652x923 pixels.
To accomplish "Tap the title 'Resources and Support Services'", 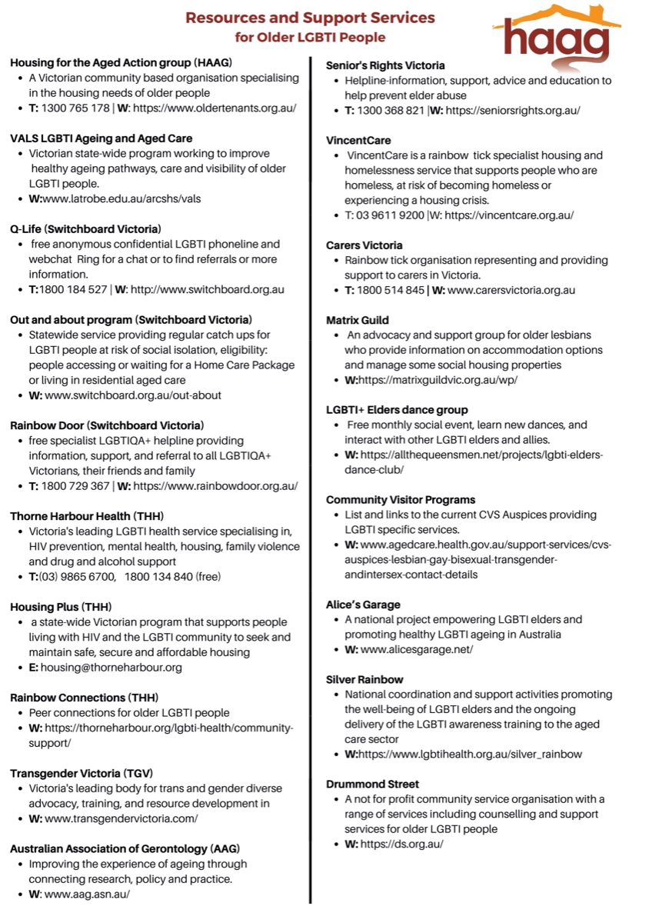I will (x=310, y=17).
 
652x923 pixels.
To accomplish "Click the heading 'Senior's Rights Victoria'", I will (x=385, y=65).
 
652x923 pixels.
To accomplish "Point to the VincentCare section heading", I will (x=358, y=140).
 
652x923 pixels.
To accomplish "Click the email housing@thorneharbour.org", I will (x=111, y=668).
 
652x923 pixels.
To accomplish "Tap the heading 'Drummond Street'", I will (x=373, y=784).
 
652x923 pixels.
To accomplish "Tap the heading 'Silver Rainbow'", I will (x=364, y=680).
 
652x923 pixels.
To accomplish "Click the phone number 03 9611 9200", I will (x=391, y=215).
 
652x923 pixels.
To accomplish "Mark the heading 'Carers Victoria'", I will (x=364, y=245).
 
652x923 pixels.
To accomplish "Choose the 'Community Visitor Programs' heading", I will (x=401, y=500).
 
